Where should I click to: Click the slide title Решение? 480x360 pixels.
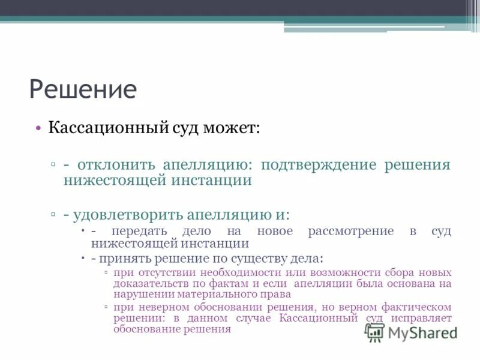click(83, 89)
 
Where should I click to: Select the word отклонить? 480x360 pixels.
click(115, 165)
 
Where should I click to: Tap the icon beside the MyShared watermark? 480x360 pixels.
click(374, 332)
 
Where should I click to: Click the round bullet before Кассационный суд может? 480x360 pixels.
click(38, 128)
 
